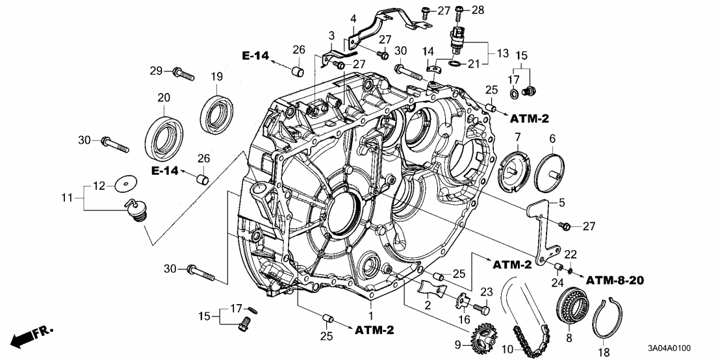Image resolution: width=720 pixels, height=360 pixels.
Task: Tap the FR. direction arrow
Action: pyautogui.click(x=31, y=337)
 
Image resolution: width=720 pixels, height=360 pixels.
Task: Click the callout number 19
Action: pyautogui.click(x=215, y=77)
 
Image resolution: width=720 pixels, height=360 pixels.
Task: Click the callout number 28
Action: pyautogui.click(x=478, y=10)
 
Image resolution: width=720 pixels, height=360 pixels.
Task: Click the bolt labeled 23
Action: pyautogui.click(x=482, y=307)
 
